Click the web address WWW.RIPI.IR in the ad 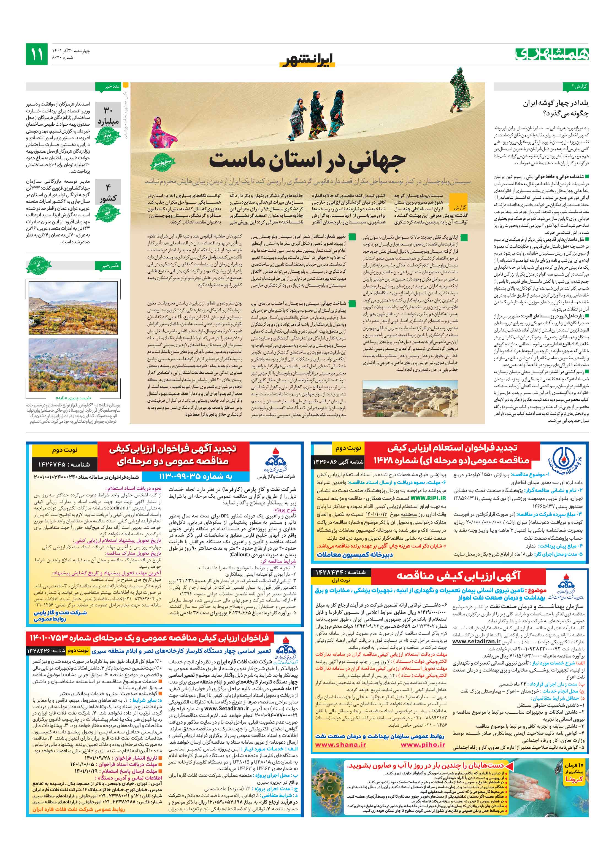pyautogui.click(x=428, y=498)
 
